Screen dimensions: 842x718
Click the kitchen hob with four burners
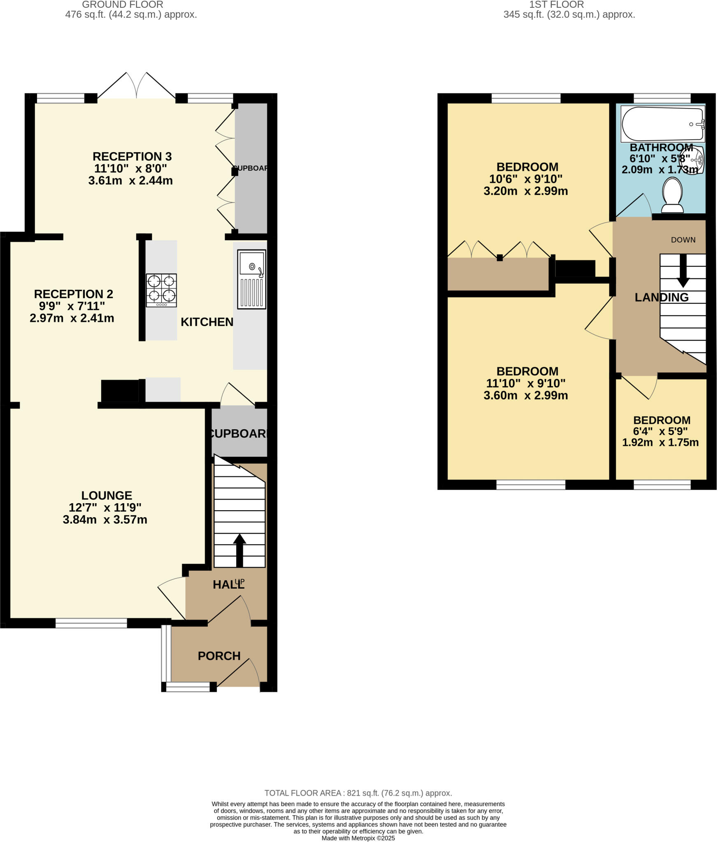tap(161, 290)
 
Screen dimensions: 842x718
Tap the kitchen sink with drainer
tap(251, 279)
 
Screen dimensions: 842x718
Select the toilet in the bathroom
tap(672, 194)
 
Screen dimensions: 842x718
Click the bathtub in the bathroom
tap(662, 124)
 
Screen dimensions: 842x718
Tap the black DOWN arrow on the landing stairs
tap(683, 271)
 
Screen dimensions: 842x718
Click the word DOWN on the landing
tap(683, 240)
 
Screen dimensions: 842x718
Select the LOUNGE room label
tap(107, 495)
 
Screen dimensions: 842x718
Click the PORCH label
tap(219, 656)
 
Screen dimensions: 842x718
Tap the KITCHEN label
tap(207, 322)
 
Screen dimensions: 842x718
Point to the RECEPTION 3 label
tap(132, 157)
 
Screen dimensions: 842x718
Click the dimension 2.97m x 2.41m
tap(72, 318)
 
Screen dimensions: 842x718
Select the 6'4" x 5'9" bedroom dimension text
tap(660, 431)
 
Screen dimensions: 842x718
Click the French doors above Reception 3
tap(136, 86)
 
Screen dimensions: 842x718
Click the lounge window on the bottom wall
tap(91, 623)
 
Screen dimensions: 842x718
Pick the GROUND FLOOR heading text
tap(122, 5)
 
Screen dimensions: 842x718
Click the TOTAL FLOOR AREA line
tap(358, 793)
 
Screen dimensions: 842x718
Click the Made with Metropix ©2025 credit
tap(358, 838)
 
